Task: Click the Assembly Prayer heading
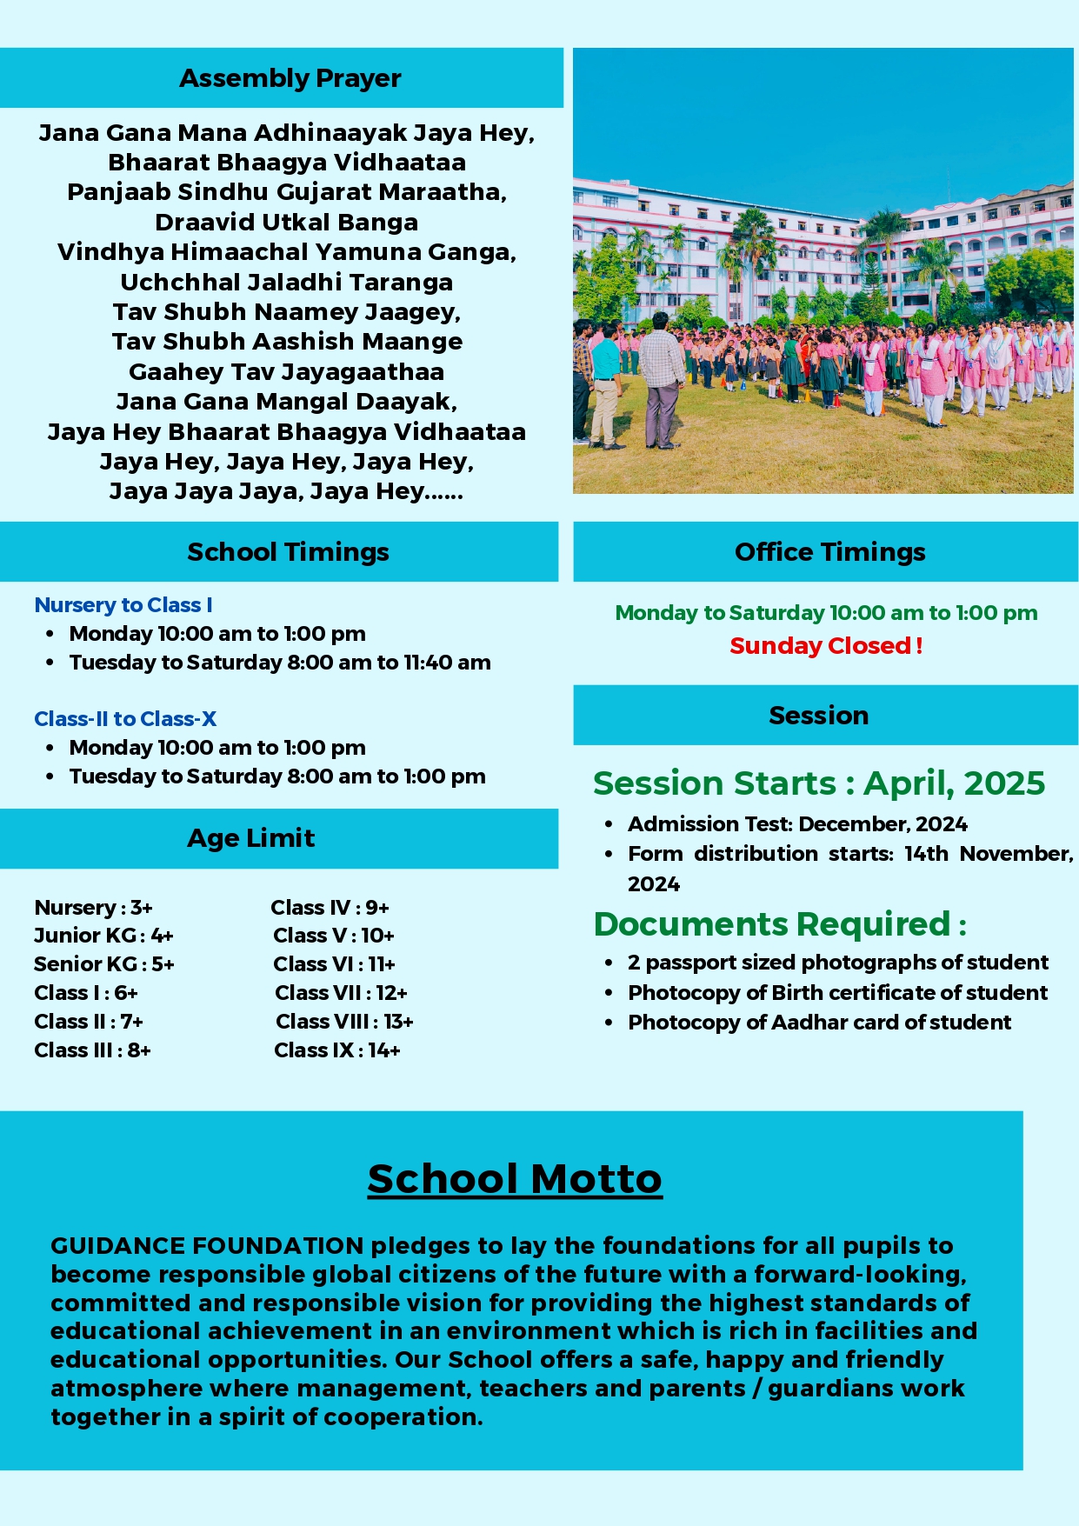[x=290, y=78]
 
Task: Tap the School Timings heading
[x=288, y=552]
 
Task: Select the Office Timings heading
[x=829, y=552]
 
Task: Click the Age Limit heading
[x=250, y=838]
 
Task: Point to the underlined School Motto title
[x=514, y=1179]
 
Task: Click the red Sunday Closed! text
[x=826, y=646]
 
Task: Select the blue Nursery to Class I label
[x=123, y=605]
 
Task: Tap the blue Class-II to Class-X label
[x=125, y=719]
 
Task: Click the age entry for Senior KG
[x=104, y=964]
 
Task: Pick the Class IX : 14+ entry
[x=337, y=1050]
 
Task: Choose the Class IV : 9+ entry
[x=330, y=908]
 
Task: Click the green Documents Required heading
[x=780, y=924]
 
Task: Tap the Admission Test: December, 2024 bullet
[x=797, y=824]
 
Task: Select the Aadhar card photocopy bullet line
[x=819, y=1023]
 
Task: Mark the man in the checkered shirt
[x=661, y=374]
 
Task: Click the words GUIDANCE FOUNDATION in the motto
[x=206, y=1246]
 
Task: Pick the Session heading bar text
[x=818, y=716]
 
